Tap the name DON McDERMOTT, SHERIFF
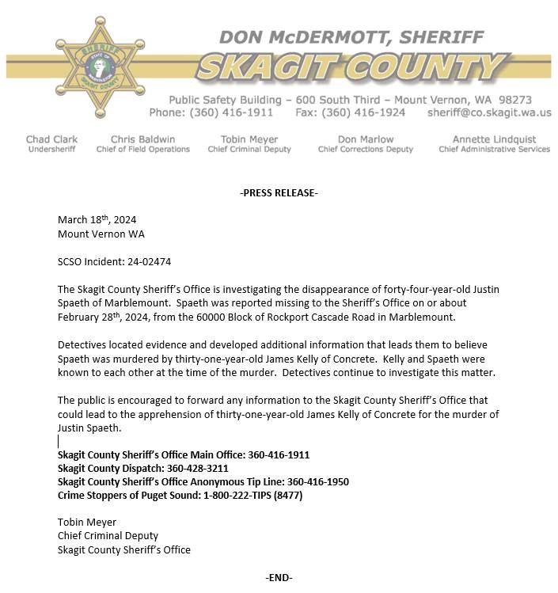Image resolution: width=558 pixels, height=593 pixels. click(351, 36)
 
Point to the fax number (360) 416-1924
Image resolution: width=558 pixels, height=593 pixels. click(363, 113)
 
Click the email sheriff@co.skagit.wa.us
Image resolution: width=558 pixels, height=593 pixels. click(488, 113)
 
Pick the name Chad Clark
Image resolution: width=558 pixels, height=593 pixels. click(52, 139)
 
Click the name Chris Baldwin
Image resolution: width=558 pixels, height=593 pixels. click(142, 139)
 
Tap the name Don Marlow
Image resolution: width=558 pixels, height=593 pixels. click(366, 139)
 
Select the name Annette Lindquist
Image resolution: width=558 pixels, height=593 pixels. click(494, 139)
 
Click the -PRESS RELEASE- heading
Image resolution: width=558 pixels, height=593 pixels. click(279, 193)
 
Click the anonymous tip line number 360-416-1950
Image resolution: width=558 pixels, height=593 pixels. click(317, 481)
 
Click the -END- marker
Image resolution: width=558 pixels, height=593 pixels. click(279, 578)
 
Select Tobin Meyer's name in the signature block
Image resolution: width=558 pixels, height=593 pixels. click(87, 523)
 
